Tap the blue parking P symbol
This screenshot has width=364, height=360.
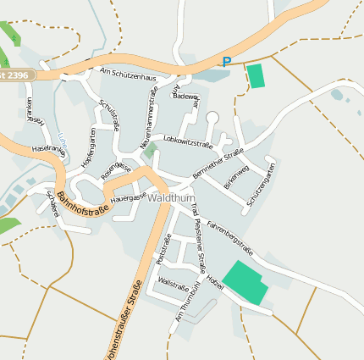(x=226, y=61)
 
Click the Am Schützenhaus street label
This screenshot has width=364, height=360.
(x=128, y=75)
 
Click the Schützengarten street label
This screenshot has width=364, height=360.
(x=261, y=187)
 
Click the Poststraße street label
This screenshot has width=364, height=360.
(x=164, y=249)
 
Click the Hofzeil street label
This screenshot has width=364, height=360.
(x=217, y=281)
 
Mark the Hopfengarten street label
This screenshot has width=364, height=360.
(x=86, y=147)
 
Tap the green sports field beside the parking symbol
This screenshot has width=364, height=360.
(x=255, y=75)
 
